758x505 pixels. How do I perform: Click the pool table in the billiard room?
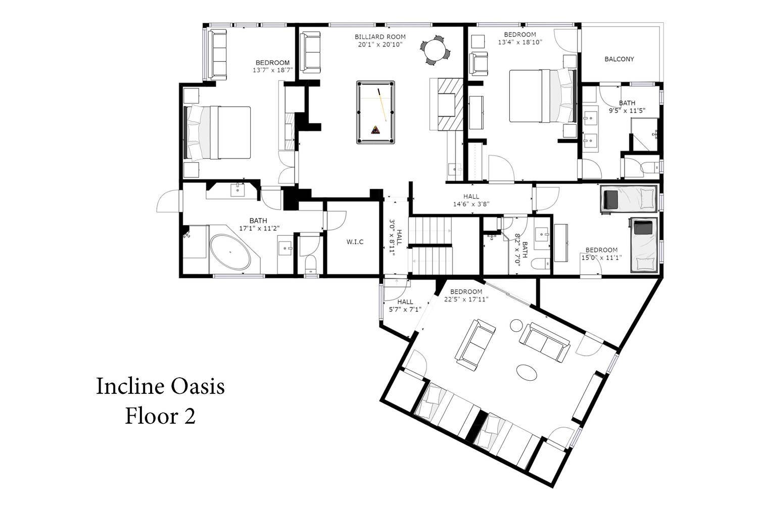click(x=375, y=112)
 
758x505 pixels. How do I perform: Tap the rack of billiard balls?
click(x=375, y=130)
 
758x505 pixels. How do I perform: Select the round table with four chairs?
click(x=436, y=50)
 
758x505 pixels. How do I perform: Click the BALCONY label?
click(x=619, y=59)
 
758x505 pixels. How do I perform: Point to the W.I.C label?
click(x=355, y=242)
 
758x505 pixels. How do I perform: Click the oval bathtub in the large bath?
click(x=230, y=252)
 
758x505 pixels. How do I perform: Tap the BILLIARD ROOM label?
click(x=380, y=37)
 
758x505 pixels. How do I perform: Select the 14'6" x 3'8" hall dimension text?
click(x=471, y=205)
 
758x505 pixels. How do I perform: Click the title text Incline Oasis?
click(x=160, y=386)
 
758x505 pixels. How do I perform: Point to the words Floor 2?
click(x=160, y=416)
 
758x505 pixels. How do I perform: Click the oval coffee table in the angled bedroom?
click(x=527, y=372)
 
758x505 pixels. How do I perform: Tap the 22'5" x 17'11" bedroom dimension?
click(x=466, y=299)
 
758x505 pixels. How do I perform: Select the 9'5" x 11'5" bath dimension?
click(x=627, y=111)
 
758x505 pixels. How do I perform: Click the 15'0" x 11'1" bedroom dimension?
click(x=601, y=258)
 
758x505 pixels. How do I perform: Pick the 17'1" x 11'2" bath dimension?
click(x=259, y=228)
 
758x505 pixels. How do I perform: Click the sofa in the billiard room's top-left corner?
click(x=310, y=52)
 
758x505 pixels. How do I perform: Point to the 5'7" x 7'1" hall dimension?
click(x=405, y=310)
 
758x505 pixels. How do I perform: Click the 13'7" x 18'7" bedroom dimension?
click(x=273, y=70)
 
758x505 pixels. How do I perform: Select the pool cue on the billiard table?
click(x=382, y=105)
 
